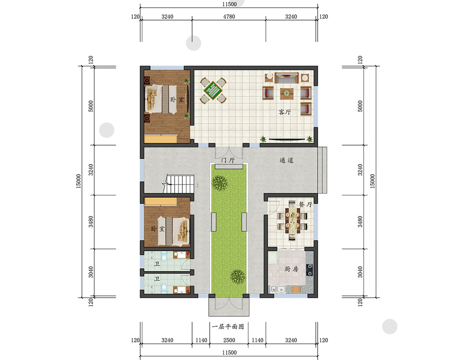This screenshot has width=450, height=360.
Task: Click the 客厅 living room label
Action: click(x=284, y=112)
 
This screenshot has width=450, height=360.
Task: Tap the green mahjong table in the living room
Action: click(x=213, y=90)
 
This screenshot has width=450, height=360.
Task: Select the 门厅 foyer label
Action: click(x=228, y=160)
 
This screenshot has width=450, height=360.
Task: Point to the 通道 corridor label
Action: click(x=286, y=160)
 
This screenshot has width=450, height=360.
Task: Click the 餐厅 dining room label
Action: click(x=305, y=205)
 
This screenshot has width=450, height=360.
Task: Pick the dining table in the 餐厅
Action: click(x=292, y=220)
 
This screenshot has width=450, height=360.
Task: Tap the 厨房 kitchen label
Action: click(x=291, y=269)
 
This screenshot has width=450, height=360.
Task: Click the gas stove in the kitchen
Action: click(x=310, y=270)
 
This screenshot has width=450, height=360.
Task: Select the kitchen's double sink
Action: click(x=277, y=289)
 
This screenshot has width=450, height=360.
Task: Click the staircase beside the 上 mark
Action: click(x=179, y=184)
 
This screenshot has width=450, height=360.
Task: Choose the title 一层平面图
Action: click(x=228, y=327)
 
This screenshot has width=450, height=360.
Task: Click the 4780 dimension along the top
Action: click(x=229, y=17)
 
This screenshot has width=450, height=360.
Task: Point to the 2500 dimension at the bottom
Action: click(x=229, y=340)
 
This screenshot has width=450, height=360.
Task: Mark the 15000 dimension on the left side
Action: click(x=79, y=181)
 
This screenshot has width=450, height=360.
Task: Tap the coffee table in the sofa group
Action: click(x=287, y=94)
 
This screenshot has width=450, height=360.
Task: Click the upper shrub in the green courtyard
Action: click(x=220, y=183)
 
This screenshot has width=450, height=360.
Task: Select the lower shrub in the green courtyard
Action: click(x=238, y=276)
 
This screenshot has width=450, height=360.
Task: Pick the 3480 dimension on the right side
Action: click(x=360, y=222)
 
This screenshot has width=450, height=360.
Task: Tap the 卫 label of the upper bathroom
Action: click(x=157, y=264)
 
